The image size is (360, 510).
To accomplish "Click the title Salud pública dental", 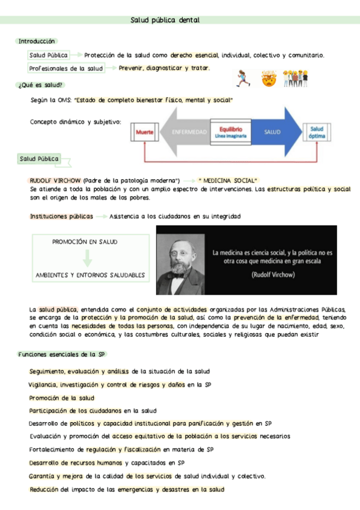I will [x=165, y=20].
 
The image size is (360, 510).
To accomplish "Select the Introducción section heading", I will [x=37, y=41].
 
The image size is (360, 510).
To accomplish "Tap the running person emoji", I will [x=243, y=78].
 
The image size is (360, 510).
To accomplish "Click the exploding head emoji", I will [x=268, y=78].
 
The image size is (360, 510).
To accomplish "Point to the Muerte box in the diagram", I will [x=145, y=132].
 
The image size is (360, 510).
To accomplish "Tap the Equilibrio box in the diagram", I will [x=231, y=132].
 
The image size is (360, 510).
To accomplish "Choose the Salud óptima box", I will [x=317, y=132].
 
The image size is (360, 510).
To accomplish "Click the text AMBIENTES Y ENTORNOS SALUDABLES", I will [x=90, y=275].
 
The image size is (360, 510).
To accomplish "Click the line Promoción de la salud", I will [x=62, y=398].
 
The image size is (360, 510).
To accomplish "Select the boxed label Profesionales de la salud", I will [x=66, y=69].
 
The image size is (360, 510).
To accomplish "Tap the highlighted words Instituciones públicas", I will [x=61, y=216].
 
